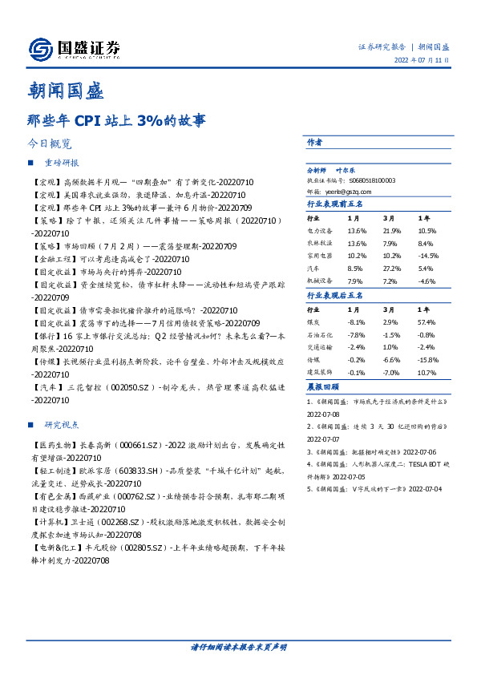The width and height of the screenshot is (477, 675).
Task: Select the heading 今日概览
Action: coord(49,144)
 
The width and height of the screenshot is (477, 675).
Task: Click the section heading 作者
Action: coord(314,142)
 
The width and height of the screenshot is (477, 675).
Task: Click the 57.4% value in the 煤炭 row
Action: coord(426,320)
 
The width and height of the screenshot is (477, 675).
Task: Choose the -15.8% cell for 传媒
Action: coord(426,359)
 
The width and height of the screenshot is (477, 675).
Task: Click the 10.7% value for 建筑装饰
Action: coord(426,373)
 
